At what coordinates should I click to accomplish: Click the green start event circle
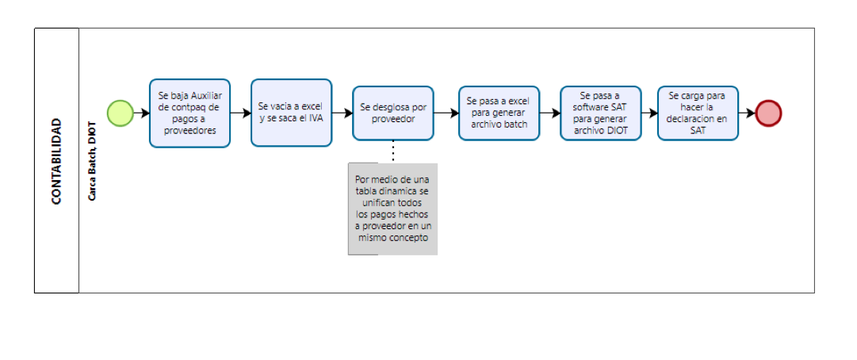(x=120, y=113)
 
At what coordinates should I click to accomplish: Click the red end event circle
(x=768, y=113)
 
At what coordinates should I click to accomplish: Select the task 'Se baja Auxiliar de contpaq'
(x=189, y=113)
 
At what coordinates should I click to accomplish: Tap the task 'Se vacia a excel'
(x=291, y=113)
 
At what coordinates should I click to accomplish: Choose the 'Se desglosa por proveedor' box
(x=392, y=113)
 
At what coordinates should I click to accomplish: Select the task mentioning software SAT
(x=600, y=113)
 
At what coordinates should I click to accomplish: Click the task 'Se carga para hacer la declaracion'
(x=698, y=113)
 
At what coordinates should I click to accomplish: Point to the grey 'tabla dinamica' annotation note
(x=392, y=209)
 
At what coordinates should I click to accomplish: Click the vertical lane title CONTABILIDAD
(x=56, y=162)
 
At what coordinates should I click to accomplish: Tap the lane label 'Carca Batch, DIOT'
(x=92, y=162)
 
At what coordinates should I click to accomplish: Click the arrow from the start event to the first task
(x=141, y=113)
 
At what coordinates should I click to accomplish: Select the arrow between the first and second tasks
(x=240, y=113)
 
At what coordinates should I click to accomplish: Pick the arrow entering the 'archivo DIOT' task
(x=550, y=113)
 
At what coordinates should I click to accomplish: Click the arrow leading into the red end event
(x=747, y=113)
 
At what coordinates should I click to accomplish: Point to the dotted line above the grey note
(x=392, y=151)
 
